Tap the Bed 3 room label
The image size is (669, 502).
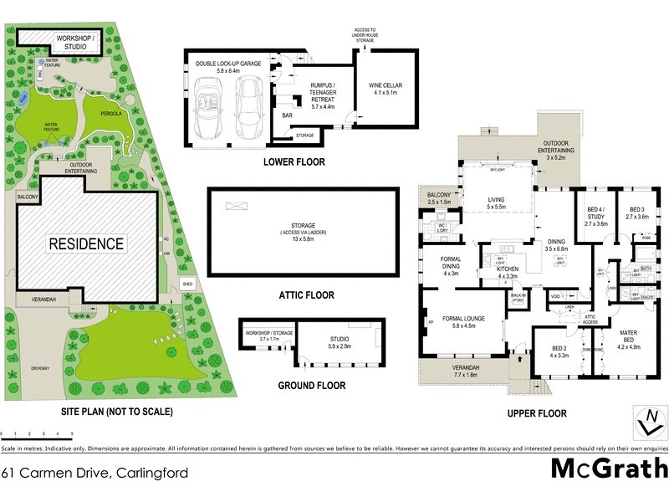[638, 213]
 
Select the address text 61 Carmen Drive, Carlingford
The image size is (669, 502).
[94, 472]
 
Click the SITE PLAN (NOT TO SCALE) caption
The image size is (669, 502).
[116, 411]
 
